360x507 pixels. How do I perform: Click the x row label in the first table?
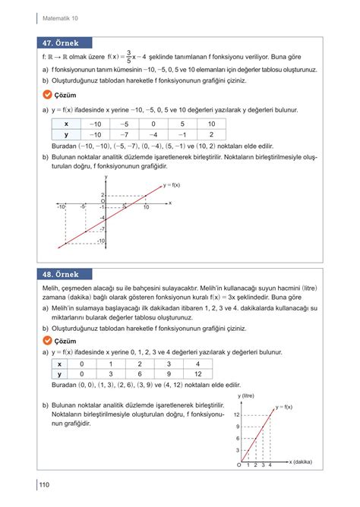coord(66,123)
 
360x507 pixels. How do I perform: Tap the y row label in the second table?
coord(58,373)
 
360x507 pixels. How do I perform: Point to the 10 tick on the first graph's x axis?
coord(145,207)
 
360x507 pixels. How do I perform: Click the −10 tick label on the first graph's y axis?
coord(100,241)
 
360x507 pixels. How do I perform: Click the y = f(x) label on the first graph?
coord(171,185)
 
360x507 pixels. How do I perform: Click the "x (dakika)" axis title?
coord(302,461)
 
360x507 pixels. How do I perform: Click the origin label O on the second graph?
coord(239,465)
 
